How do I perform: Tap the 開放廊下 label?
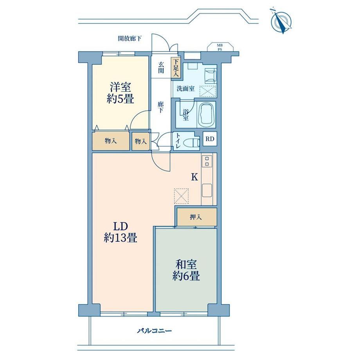(x=130, y=38)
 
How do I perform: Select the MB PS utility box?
(x=220, y=47)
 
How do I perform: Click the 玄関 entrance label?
(x=161, y=67)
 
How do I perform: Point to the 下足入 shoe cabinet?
(x=176, y=68)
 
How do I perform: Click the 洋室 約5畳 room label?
(x=120, y=94)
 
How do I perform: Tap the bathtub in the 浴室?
(x=206, y=115)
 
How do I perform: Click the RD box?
(x=210, y=139)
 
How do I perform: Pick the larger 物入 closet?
(x=111, y=141)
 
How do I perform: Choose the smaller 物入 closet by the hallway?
(x=140, y=141)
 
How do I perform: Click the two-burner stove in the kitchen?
(x=207, y=161)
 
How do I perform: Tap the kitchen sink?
(x=207, y=190)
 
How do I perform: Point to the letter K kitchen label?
(x=195, y=177)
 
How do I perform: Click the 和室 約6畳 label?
(x=186, y=270)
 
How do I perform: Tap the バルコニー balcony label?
(x=154, y=331)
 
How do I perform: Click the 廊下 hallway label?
(x=160, y=107)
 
